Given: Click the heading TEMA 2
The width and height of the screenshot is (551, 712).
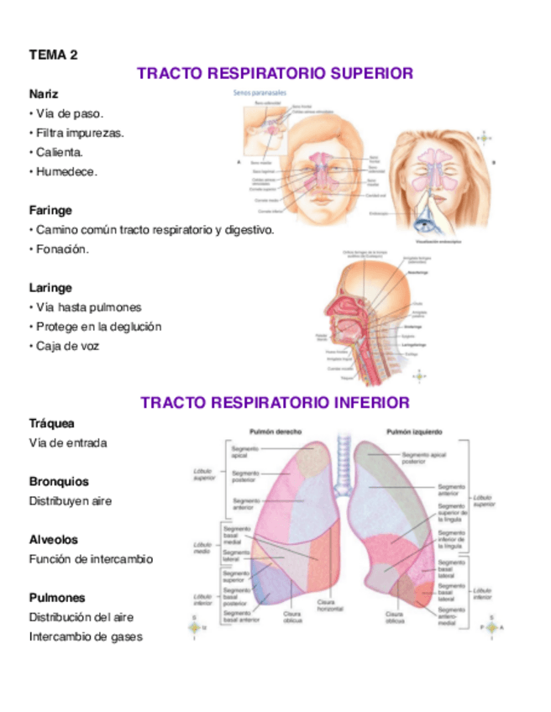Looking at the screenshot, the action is pos(53,55).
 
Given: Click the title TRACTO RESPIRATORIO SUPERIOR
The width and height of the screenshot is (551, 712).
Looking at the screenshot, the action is pos(275,74).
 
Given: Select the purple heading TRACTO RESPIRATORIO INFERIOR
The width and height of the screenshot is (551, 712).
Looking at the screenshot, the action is pos(275,403).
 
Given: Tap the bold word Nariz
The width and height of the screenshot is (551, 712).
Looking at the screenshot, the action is pos(44,93).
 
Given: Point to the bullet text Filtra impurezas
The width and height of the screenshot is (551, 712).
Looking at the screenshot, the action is pos(80,133).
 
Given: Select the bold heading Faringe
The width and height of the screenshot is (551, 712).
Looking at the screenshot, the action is pos(50,210).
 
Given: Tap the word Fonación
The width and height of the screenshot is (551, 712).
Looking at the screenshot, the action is pos(62,249).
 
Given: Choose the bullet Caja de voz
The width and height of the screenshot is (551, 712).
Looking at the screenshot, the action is pos(67,346).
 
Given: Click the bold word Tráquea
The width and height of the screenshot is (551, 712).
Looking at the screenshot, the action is pos(52,424).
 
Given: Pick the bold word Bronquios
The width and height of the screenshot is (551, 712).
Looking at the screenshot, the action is pos(59,482).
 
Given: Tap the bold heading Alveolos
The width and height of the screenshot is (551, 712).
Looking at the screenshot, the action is pos(54,540).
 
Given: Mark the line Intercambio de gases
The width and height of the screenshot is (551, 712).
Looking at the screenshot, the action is pos(86,636).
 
